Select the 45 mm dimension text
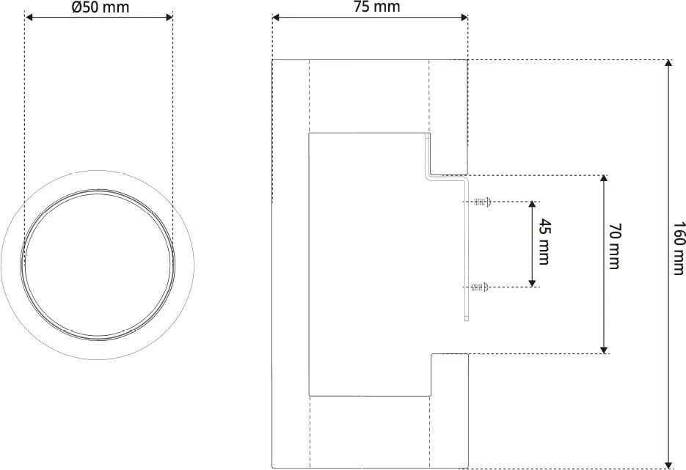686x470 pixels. (x=543, y=241)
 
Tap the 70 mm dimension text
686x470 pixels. (x=614, y=246)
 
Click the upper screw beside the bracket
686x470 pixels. (x=481, y=202)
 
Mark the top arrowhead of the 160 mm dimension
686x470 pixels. (x=668, y=64)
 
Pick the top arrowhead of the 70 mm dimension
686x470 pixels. (x=604, y=180)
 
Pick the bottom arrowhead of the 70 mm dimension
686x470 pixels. (x=604, y=349)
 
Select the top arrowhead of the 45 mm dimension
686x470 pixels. (x=532, y=206)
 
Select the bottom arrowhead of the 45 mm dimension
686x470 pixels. (x=532, y=282)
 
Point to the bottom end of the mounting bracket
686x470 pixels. (x=467, y=318)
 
